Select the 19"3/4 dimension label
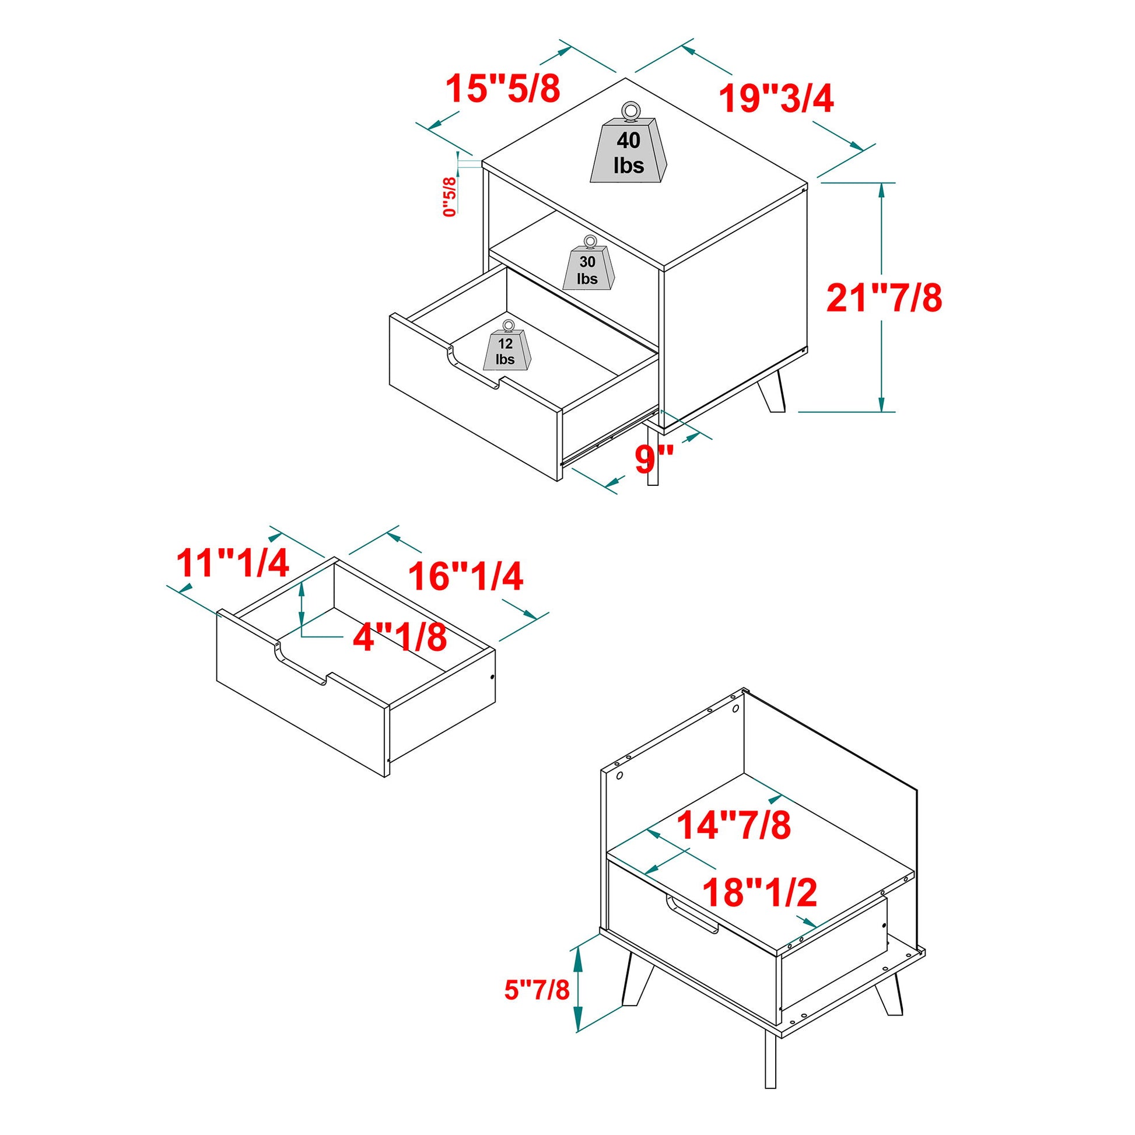pos(777,99)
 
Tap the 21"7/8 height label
pos(885,299)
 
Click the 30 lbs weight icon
pos(588,267)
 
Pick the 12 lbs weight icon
pos(505,350)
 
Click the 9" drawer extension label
pos(653,459)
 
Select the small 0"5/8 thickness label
pos(450,197)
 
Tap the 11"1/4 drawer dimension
pos(233,563)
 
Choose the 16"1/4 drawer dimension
pos(466,576)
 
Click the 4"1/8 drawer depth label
pos(400,637)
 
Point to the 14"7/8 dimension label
pos(734,826)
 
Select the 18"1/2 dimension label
pos(760,892)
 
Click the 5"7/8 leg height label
pos(537,989)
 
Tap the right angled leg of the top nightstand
pos(772,391)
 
